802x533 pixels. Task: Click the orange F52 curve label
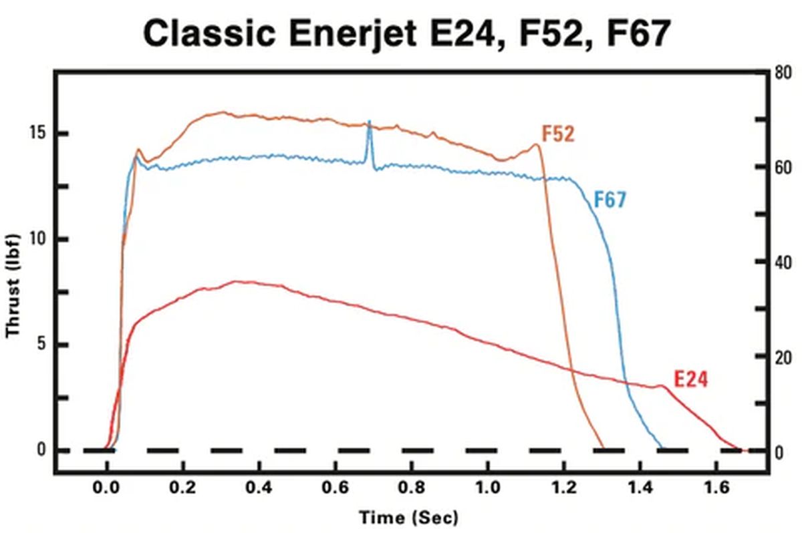pyautogui.click(x=558, y=134)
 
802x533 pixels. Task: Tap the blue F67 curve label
pyautogui.click(x=610, y=200)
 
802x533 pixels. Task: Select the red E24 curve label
pyautogui.click(x=690, y=379)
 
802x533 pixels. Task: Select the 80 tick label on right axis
pyautogui.click(x=784, y=71)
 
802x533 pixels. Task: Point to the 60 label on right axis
pyautogui.click(x=784, y=167)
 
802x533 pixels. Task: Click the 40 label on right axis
pyautogui.click(x=784, y=262)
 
